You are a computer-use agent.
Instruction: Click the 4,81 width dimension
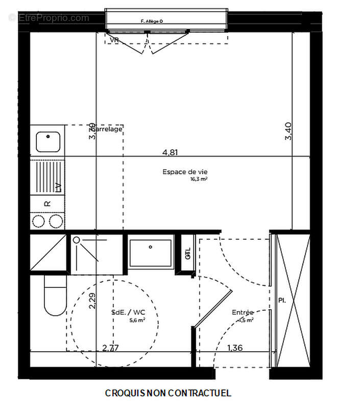click(171, 152)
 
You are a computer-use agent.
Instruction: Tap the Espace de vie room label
click(182, 172)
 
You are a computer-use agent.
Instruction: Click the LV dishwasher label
click(58, 187)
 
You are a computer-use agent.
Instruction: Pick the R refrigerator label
click(47, 203)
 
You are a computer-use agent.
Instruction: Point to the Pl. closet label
click(281, 300)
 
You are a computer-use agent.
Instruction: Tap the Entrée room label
click(243, 312)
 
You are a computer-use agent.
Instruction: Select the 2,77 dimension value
click(110, 348)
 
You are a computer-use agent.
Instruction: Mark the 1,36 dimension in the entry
click(235, 348)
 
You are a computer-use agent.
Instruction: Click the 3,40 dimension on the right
click(289, 131)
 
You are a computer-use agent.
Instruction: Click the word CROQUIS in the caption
click(125, 393)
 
